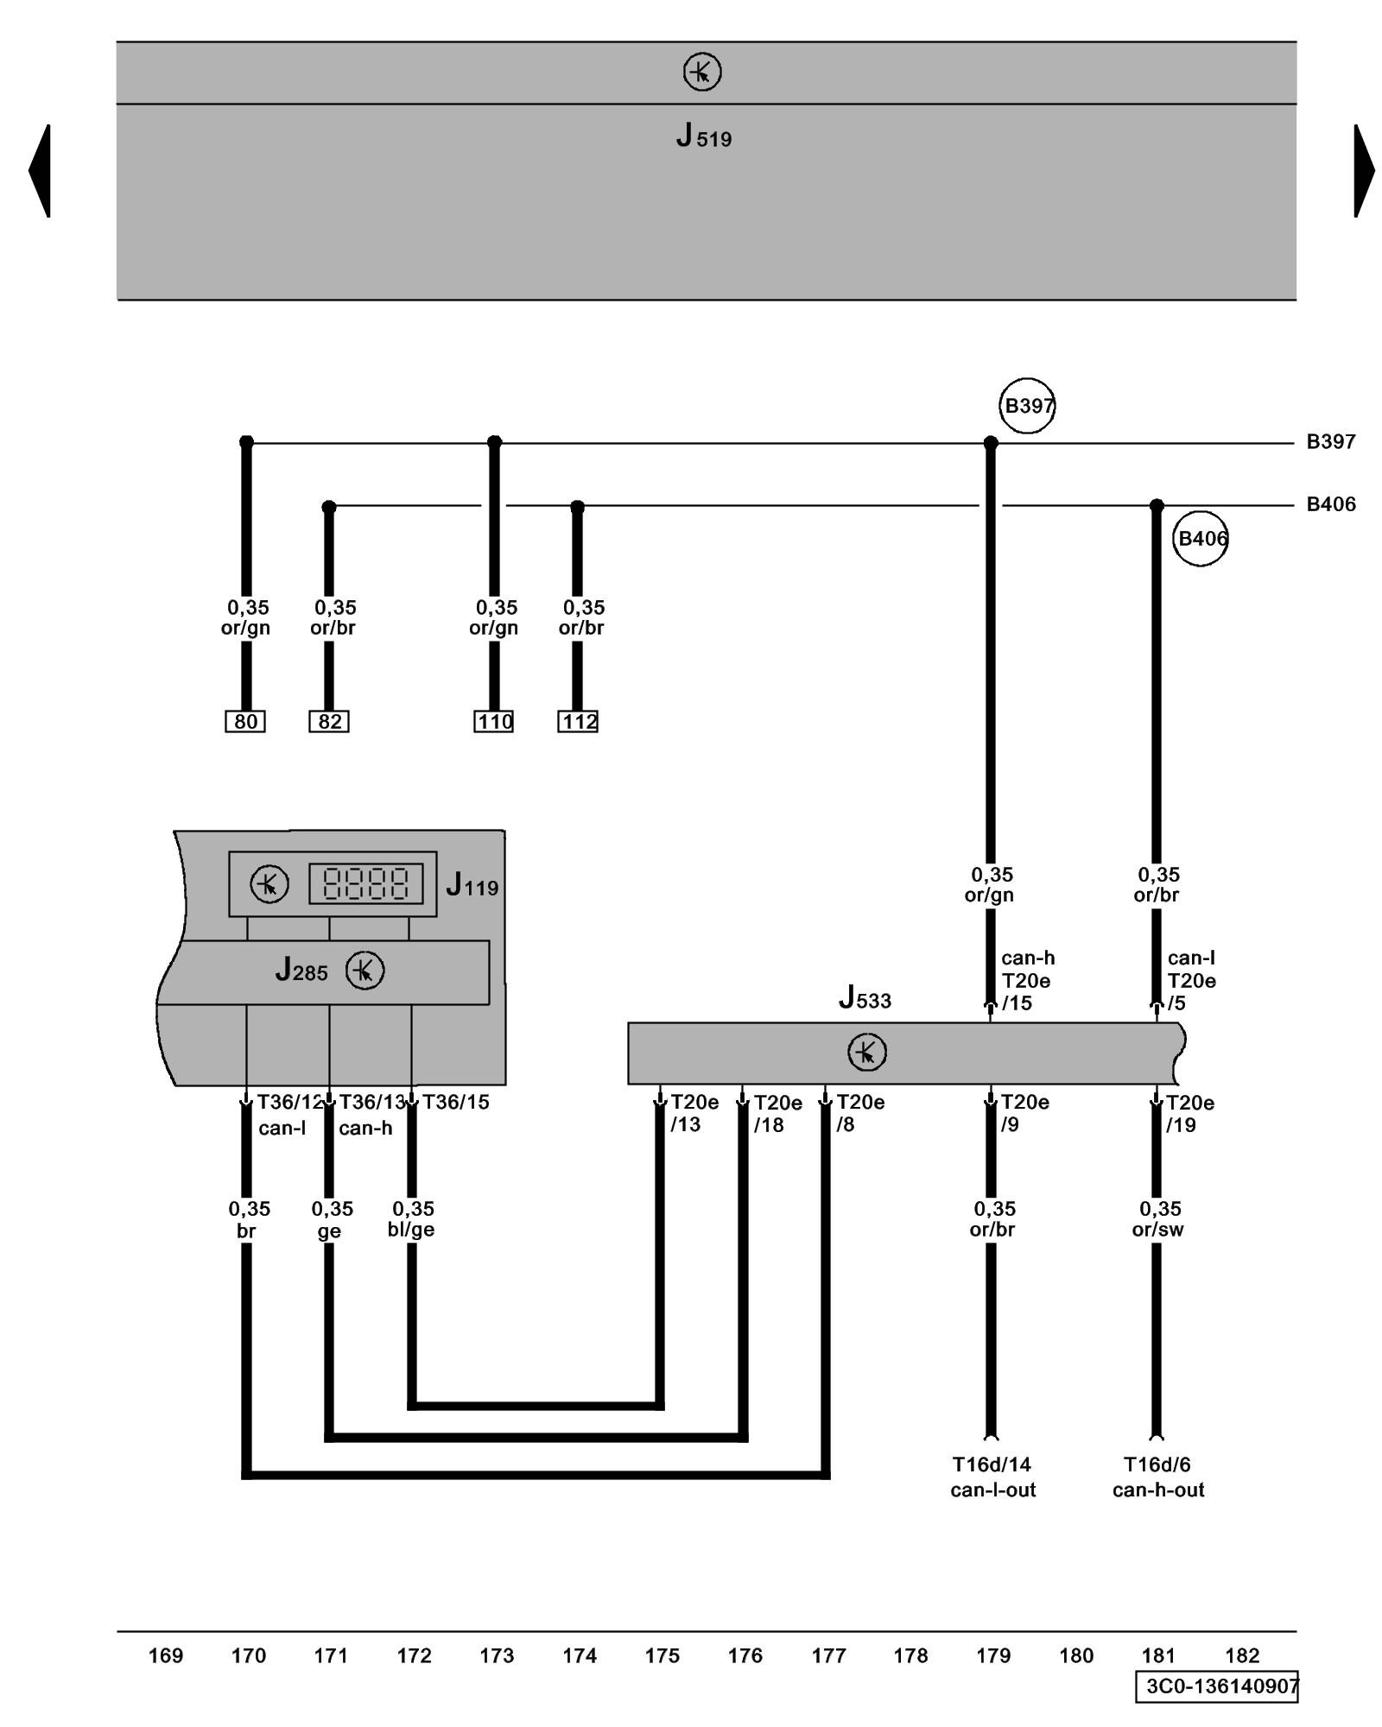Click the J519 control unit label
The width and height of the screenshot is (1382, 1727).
(x=703, y=136)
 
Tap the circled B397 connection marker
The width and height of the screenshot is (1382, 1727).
(x=1027, y=405)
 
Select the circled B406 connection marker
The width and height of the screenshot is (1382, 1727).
(x=1201, y=539)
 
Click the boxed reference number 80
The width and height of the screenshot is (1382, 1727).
(x=245, y=721)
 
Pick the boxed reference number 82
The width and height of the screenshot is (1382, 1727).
(x=329, y=721)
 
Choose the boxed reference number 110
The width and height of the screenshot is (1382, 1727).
(x=494, y=721)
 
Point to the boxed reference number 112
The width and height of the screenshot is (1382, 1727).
(x=578, y=721)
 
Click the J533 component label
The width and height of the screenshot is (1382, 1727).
(x=865, y=998)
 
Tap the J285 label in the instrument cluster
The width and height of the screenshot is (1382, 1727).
(x=301, y=971)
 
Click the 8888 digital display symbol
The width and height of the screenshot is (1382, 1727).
(x=365, y=883)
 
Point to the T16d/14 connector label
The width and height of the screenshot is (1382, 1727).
(x=992, y=1464)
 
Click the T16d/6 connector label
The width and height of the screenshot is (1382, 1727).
(x=1157, y=1464)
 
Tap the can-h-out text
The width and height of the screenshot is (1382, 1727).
(x=1157, y=1490)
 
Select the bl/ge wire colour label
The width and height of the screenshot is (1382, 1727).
(x=411, y=1230)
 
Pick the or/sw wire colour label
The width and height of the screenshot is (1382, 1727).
(x=1157, y=1230)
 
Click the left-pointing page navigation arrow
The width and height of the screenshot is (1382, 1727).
(x=40, y=170)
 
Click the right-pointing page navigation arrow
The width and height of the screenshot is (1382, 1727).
(x=1364, y=170)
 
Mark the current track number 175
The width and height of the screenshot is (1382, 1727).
(x=662, y=1655)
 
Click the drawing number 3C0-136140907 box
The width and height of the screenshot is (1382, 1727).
(x=1216, y=1686)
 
